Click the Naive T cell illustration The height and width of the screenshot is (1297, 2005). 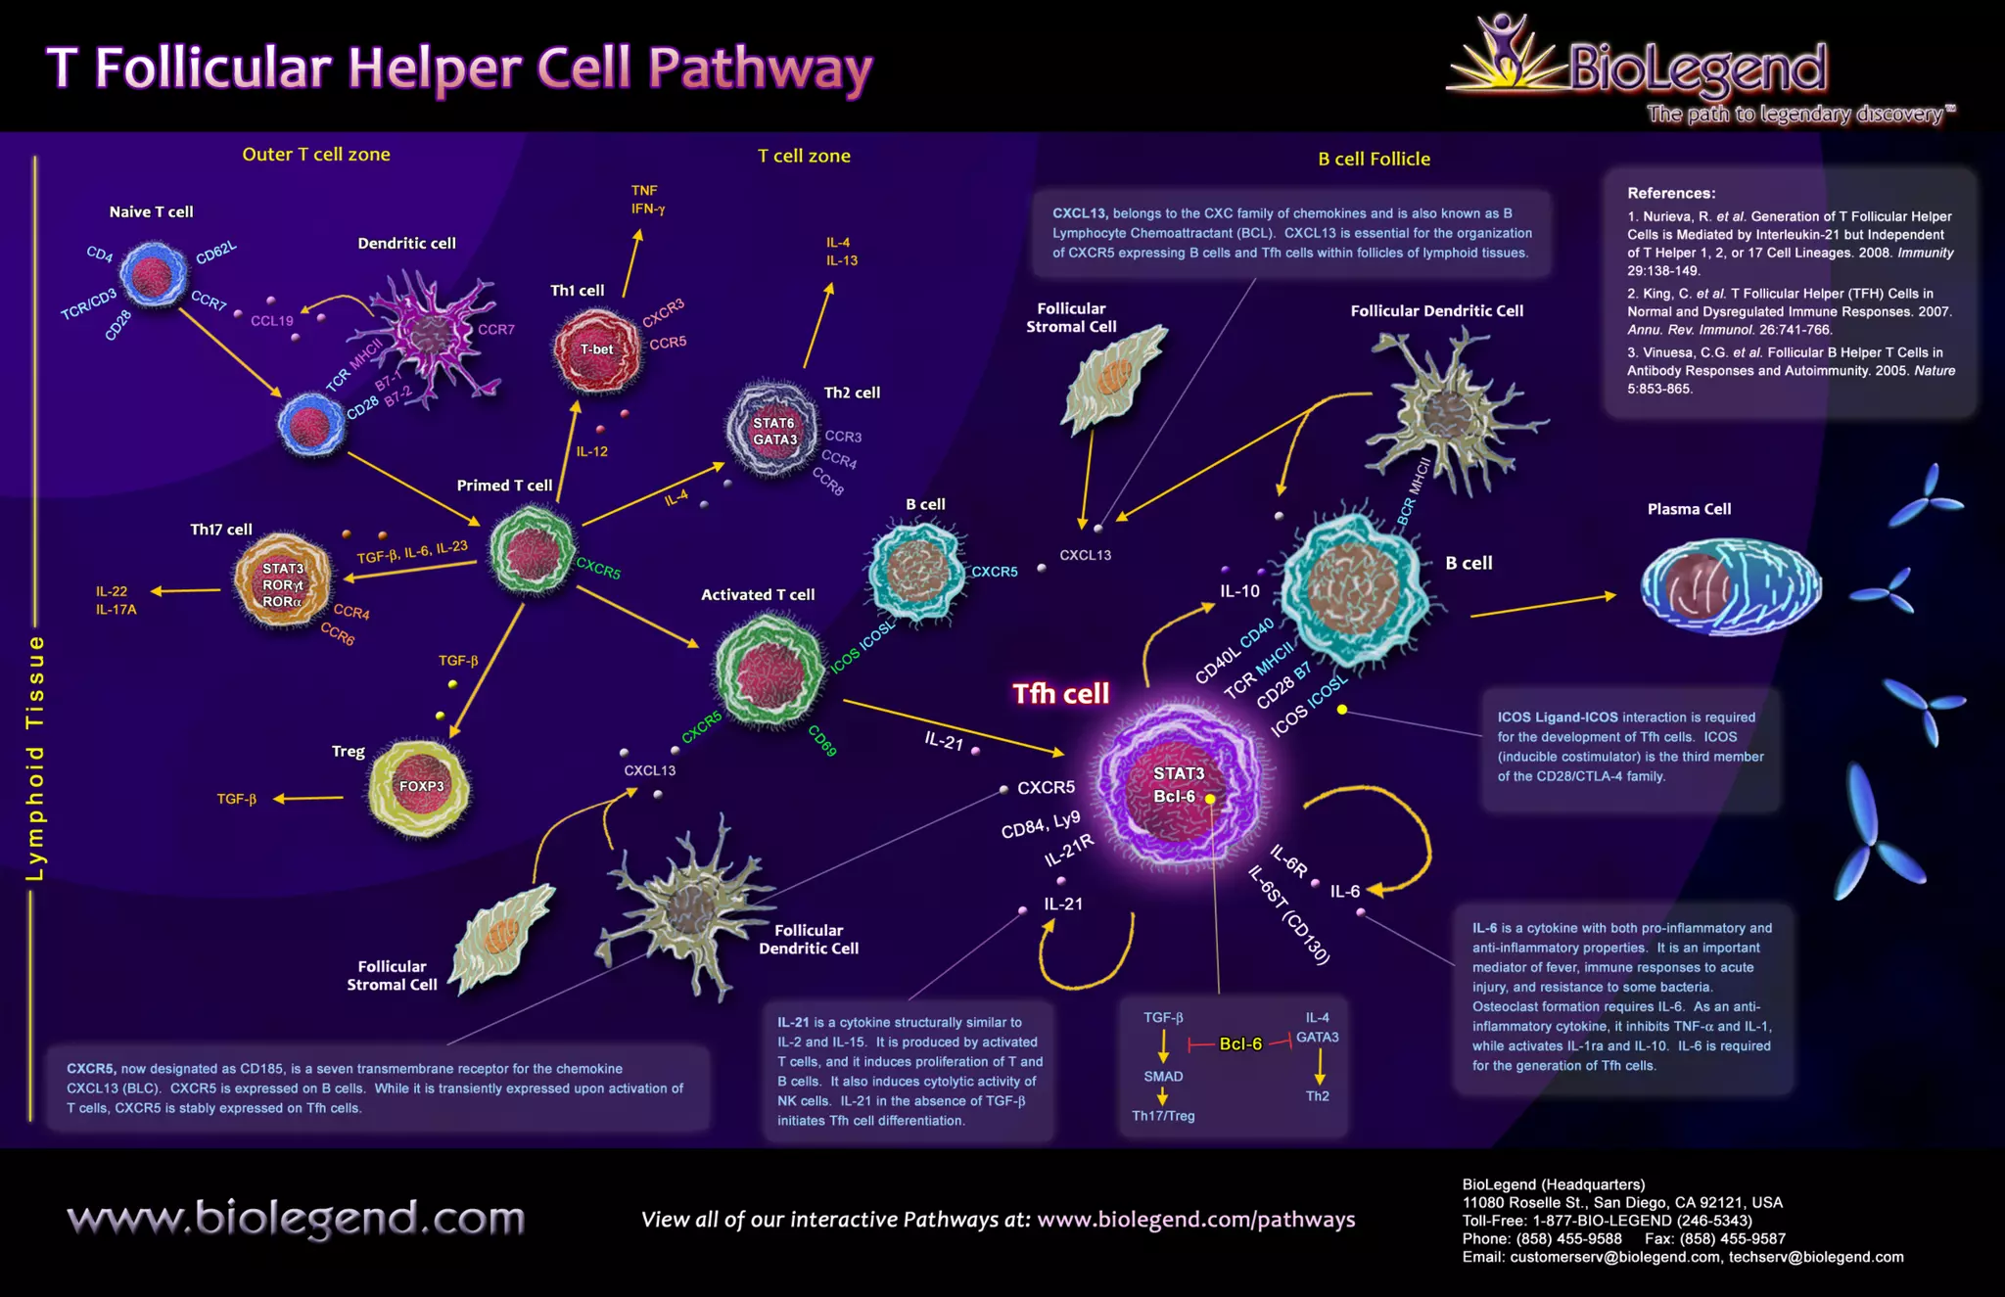[152, 275]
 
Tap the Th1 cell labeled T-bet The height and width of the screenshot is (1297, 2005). [596, 349]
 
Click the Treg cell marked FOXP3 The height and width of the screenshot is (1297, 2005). [420, 788]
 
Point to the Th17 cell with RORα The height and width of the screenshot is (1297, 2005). [282, 583]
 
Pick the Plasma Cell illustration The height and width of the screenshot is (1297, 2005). [1730, 587]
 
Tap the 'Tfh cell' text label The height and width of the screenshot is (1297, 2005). [1060, 694]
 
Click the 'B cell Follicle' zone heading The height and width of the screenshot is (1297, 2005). [1374, 159]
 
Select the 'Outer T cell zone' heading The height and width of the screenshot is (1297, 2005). [315, 154]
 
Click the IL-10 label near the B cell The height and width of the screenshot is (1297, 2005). [1239, 591]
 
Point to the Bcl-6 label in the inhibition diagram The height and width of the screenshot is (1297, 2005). [1240, 1043]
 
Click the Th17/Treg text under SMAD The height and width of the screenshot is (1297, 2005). [1163, 1116]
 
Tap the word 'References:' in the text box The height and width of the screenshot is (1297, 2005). [1671, 193]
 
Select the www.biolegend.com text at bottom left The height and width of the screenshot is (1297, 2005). [296, 1219]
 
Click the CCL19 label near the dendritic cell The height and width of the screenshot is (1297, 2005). [271, 320]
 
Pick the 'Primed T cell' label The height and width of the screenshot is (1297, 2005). [504, 486]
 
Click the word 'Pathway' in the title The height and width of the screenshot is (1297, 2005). [760, 69]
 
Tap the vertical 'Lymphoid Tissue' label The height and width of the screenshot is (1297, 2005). [35, 757]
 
